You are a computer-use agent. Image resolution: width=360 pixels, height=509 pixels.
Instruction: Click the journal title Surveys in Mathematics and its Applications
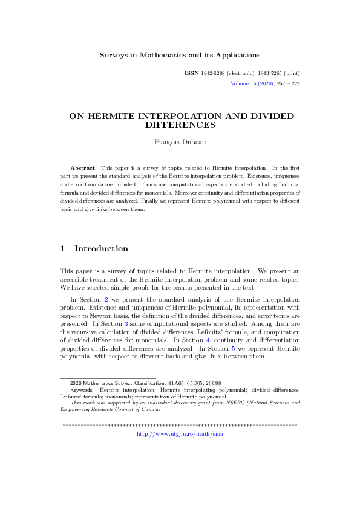tap(180, 55)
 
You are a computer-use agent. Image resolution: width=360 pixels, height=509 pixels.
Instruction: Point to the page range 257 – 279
tap(287, 83)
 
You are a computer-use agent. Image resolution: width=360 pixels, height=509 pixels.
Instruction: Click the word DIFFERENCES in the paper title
tap(180, 125)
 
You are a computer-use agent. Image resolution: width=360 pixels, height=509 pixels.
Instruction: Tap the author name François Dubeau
tap(180, 142)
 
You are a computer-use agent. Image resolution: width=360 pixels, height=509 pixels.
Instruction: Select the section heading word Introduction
tap(101, 248)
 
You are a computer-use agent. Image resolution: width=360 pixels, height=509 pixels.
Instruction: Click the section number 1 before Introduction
tap(63, 248)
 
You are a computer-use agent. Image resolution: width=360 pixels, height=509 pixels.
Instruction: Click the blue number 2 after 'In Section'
tap(106, 299)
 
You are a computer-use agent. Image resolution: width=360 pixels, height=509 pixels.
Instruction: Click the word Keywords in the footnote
tap(82, 390)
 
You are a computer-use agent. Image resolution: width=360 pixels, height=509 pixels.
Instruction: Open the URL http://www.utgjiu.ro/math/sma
tap(180, 433)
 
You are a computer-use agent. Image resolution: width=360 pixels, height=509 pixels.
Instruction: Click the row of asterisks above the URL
tap(180, 426)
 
